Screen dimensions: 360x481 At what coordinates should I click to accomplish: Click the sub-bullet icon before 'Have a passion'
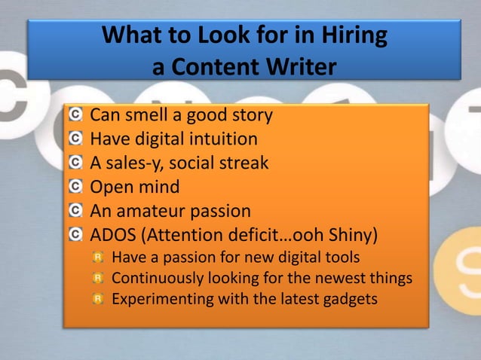[97, 258]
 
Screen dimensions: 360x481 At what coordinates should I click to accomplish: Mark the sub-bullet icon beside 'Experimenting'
[97, 299]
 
